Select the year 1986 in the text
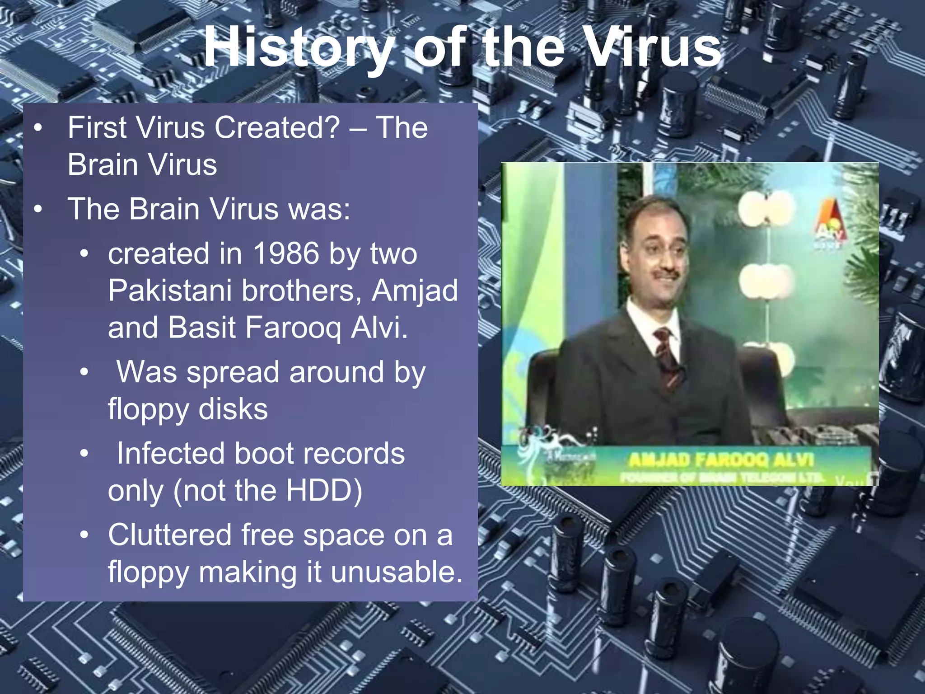click(x=286, y=254)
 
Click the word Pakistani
click(x=170, y=291)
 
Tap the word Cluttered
click(x=170, y=535)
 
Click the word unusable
click(x=397, y=572)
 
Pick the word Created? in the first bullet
click(x=276, y=128)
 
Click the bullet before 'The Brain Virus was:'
click(x=38, y=210)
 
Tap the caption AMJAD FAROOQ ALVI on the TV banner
click(x=721, y=460)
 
